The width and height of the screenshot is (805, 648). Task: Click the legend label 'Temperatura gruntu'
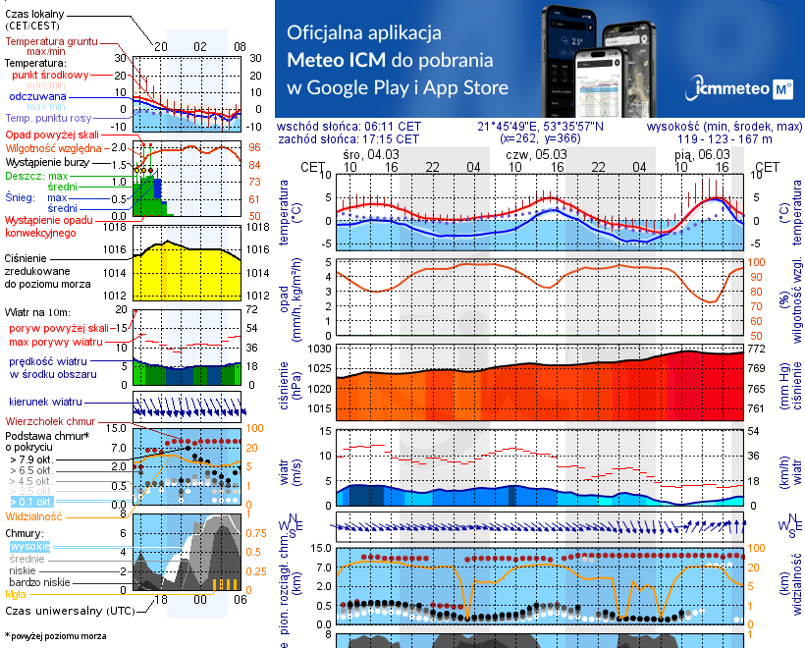click(x=49, y=42)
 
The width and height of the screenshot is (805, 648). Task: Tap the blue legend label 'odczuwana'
click(x=37, y=97)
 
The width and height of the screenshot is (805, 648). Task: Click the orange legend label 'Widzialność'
click(x=34, y=514)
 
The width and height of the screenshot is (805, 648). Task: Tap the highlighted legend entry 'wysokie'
click(x=28, y=546)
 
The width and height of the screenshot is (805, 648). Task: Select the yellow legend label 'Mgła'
click(x=15, y=594)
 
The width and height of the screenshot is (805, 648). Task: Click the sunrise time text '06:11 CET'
click(x=393, y=127)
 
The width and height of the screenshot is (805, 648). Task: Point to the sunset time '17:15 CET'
click(x=393, y=139)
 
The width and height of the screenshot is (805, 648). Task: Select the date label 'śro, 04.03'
click(x=371, y=154)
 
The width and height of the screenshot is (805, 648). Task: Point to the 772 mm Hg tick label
click(x=759, y=350)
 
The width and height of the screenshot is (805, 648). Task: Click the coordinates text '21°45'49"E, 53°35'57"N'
click(x=541, y=127)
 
